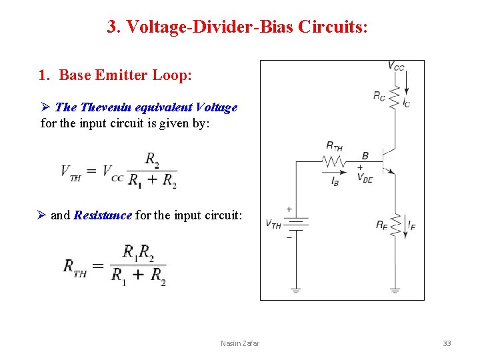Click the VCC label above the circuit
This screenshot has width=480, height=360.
click(x=396, y=66)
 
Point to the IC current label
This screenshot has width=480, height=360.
click(x=407, y=102)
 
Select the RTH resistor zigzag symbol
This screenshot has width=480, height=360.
click(x=333, y=161)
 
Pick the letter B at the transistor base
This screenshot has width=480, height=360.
click(x=365, y=156)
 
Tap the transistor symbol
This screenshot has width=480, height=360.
click(x=387, y=161)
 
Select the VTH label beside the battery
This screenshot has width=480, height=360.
click(x=273, y=224)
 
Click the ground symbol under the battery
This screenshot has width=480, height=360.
click(x=295, y=290)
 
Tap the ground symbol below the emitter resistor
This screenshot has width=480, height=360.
click(x=395, y=290)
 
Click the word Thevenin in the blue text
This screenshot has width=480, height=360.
click(x=105, y=107)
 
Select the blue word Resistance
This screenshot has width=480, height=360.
click(x=103, y=215)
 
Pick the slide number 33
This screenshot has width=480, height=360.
click(x=447, y=343)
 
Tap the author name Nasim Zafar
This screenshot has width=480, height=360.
click(x=240, y=343)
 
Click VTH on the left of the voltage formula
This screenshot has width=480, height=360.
click(x=71, y=172)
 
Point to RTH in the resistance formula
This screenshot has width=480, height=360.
click(x=75, y=267)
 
